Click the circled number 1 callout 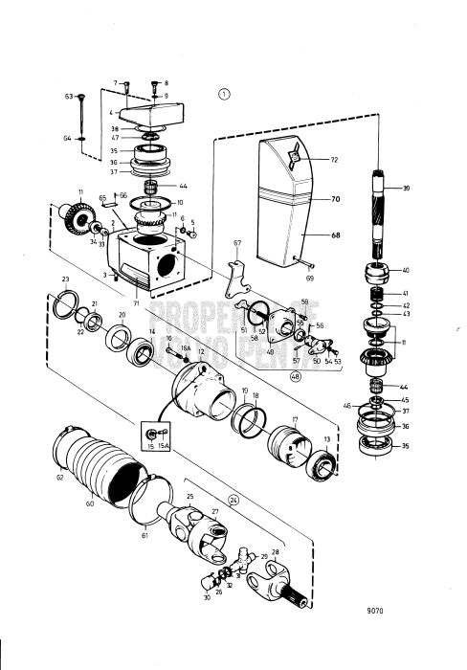click(224, 93)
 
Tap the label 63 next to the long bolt click(69, 97)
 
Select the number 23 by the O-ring click(65, 279)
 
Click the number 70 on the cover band click(336, 201)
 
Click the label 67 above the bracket click(237, 244)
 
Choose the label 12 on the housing click(202, 351)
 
